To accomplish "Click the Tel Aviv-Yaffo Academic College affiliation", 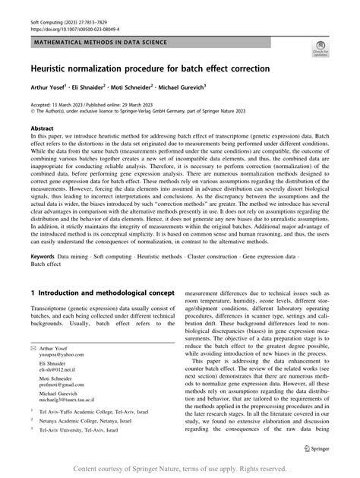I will point(103,430).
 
